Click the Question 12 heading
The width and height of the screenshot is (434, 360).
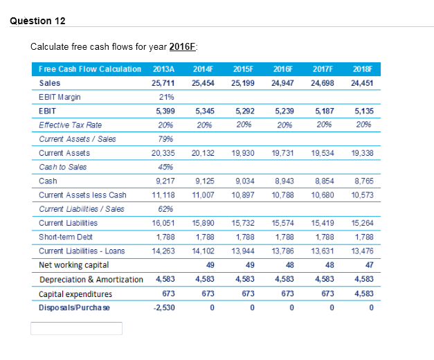(x=38, y=21)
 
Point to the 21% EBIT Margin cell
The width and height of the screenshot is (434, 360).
(x=165, y=97)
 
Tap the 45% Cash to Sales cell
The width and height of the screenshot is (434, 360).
(x=165, y=167)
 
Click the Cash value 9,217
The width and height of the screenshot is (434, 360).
(x=163, y=181)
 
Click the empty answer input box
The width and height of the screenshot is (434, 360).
(x=76, y=328)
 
